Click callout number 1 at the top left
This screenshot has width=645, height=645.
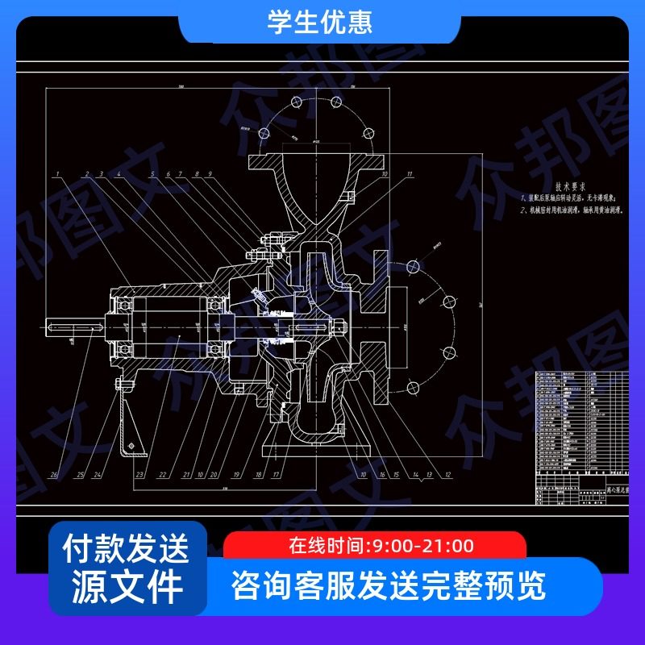pyautogui.click(x=58, y=174)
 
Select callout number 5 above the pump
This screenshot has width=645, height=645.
pyautogui.click(x=150, y=174)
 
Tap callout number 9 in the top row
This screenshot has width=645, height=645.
pyautogui.click(x=210, y=174)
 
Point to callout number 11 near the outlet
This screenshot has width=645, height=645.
pyautogui.click(x=410, y=174)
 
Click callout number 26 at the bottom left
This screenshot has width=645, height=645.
pyautogui.click(x=54, y=475)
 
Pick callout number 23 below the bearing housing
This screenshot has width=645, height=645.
pyautogui.click(x=139, y=475)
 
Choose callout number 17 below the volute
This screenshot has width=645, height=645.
pyautogui.click(x=276, y=475)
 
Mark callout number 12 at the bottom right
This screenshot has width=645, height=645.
pyautogui.click(x=447, y=475)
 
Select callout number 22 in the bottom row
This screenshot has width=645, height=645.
pyautogui.click(x=163, y=475)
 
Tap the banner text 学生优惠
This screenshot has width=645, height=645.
pyautogui.click(x=320, y=23)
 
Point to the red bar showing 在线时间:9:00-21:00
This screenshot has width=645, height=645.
pyautogui.click(x=375, y=546)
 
